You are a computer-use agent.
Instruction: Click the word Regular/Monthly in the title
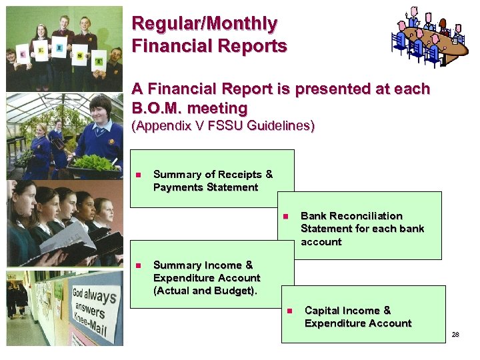[x=205, y=24]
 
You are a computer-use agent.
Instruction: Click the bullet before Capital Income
[x=289, y=311]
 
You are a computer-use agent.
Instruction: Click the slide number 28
[x=455, y=334]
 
